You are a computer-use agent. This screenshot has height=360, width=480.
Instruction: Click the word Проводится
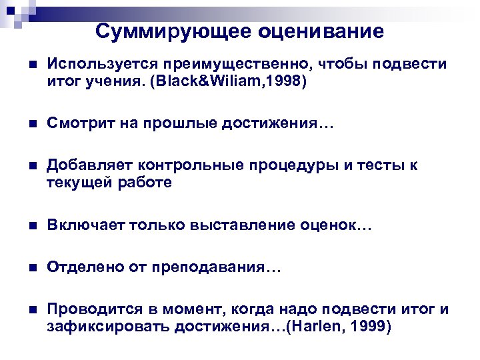click(91, 311)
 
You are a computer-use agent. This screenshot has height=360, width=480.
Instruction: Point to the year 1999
click(371, 327)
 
